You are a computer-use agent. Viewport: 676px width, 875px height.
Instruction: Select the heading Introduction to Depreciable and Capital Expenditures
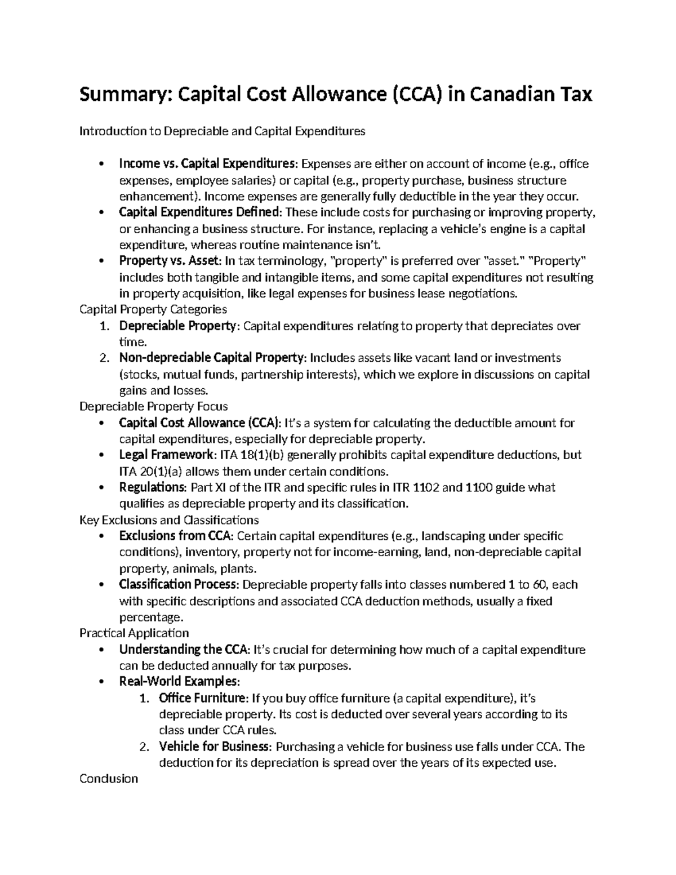coord(223,131)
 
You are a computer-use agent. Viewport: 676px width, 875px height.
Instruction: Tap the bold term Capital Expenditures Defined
coord(199,212)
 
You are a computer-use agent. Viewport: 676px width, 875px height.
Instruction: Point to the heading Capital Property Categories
coord(153,309)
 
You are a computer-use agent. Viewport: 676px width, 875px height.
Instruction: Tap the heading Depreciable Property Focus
coord(154,406)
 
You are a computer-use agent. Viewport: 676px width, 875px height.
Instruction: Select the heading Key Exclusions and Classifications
coord(169,519)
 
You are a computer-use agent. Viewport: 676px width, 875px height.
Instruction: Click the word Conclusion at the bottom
coord(109,779)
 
